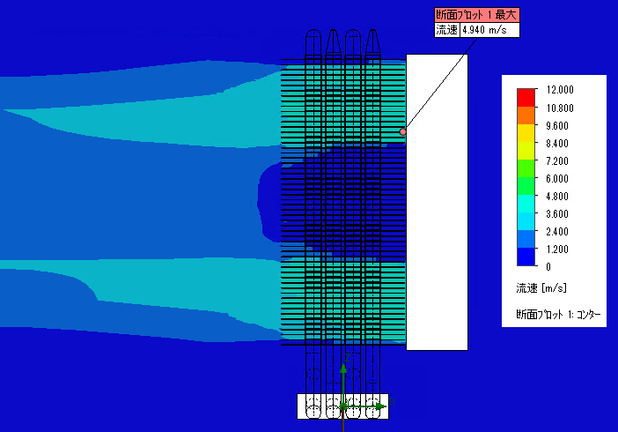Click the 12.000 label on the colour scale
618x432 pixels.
[x=560, y=90]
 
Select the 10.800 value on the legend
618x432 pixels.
[x=560, y=108]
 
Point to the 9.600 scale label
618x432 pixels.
[x=557, y=126]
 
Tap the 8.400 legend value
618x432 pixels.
[x=557, y=144]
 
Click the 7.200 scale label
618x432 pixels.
[x=557, y=161]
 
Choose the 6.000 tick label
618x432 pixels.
[x=557, y=178]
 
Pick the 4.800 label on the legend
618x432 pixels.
[x=557, y=197]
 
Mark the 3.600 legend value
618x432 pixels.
[x=557, y=214]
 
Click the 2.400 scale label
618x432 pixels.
[x=557, y=231]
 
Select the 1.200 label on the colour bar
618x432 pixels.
[x=557, y=250]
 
